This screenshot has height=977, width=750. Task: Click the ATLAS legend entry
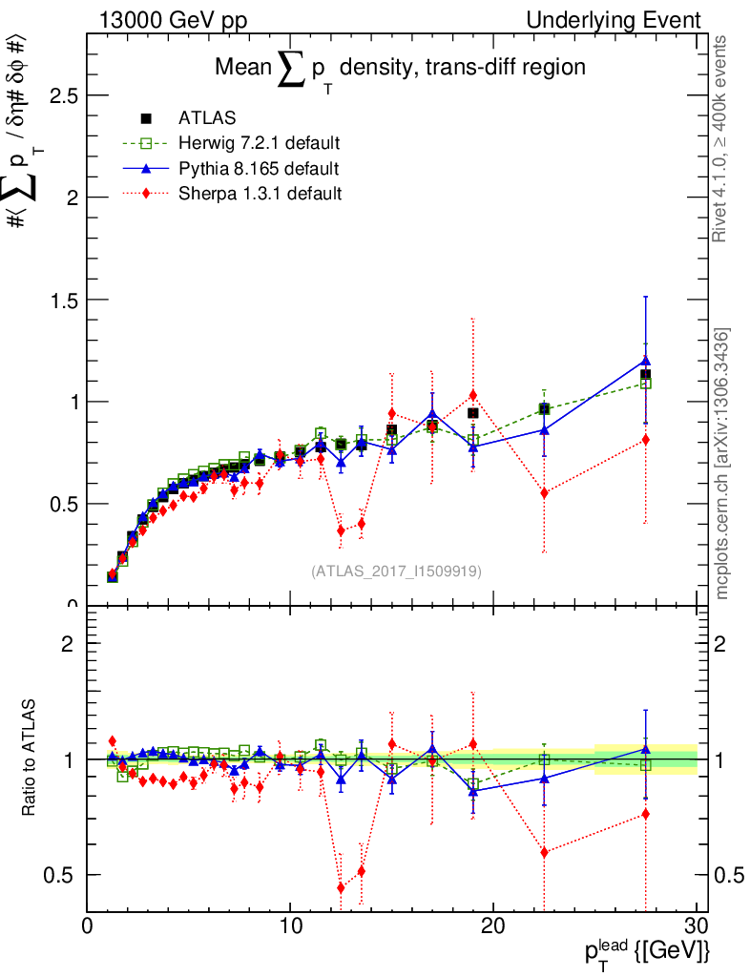[206, 118]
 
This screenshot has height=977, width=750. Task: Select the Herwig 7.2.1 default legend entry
[259, 143]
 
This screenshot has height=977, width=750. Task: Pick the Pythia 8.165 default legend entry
[258, 169]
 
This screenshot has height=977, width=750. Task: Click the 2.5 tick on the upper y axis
[59, 96]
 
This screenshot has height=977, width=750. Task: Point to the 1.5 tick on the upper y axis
[59, 300]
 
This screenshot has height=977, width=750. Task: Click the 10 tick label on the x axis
[290, 925]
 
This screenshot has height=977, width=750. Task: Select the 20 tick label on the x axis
[492, 925]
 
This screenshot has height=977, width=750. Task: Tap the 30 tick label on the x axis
[696, 925]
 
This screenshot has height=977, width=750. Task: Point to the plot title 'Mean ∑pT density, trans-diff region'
[399, 69]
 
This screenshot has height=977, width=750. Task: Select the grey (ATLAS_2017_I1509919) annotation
[396, 572]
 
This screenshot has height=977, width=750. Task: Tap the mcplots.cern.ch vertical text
[722, 463]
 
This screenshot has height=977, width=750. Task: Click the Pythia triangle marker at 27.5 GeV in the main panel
[646, 360]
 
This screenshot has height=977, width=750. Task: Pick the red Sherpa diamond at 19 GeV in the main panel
[472, 395]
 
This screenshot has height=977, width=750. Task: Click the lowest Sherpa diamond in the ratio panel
[341, 887]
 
